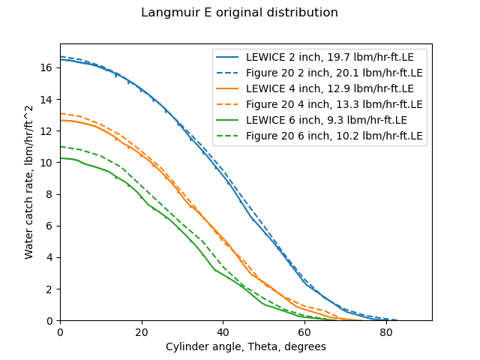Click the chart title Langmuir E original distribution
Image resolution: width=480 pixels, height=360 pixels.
[x=240, y=13]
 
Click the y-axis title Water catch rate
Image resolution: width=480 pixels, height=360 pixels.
[x=29, y=182]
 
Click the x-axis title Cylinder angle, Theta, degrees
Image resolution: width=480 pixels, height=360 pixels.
[x=245, y=347]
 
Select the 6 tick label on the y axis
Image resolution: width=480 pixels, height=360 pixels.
[x=49, y=226]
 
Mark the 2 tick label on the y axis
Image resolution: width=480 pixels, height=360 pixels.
[x=49, y=289]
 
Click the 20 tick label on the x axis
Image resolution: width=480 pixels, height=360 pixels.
[x=142, y=332]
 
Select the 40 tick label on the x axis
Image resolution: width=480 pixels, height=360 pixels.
[x=223, y=332]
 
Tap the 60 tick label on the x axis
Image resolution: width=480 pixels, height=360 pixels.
[x=304, y=332]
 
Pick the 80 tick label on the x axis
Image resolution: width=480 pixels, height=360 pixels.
[x=385, y=332]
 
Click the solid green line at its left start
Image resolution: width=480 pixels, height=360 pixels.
[x=61, y=158]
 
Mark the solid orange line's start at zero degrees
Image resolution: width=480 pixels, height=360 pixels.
[x=61, y=120]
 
